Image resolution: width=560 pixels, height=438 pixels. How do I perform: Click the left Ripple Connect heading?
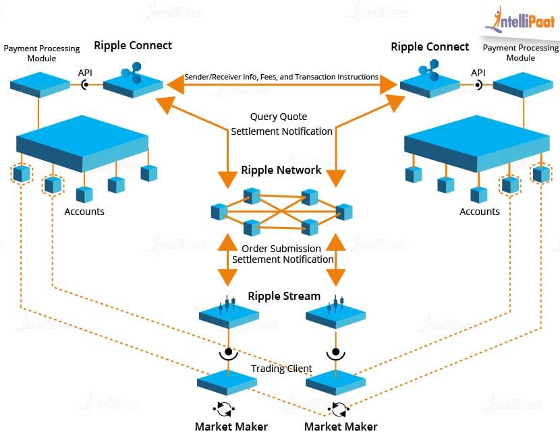point(133,46)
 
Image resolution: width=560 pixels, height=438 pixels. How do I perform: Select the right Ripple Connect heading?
point(430,46)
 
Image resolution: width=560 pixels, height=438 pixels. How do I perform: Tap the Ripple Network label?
point(281,170)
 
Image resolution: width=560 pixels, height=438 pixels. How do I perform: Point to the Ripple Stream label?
point(284,296)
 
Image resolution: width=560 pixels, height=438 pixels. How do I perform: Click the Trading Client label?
point(281,369)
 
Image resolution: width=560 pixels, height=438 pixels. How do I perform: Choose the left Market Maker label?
point(231,426)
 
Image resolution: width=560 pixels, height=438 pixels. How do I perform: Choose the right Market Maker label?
point(341,426)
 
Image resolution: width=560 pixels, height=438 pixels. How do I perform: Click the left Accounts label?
point(84,212)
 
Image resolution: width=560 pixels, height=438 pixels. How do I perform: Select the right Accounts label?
point(480,212)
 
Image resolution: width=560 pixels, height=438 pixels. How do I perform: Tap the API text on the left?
point(85,73)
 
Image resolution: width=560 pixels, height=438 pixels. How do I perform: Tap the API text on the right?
point(478,73)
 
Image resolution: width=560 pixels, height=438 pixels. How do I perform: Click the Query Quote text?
point(281,117)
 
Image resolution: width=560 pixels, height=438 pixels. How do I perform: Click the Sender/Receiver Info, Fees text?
point(281,77)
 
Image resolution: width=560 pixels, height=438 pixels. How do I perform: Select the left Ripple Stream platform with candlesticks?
point(229,313)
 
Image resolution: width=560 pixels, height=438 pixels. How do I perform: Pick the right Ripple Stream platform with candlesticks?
point(335,313)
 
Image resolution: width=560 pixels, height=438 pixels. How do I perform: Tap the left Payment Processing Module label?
point(42,53)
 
